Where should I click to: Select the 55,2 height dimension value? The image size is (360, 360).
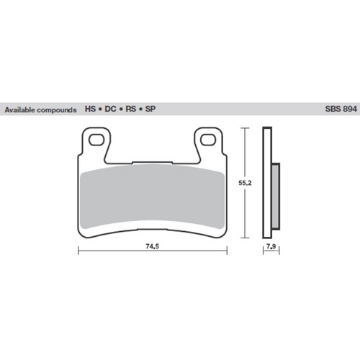coord(247,184)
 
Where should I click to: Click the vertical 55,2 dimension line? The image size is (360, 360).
coord(247,216)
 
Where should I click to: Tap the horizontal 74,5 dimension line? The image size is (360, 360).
coord(108,251)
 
